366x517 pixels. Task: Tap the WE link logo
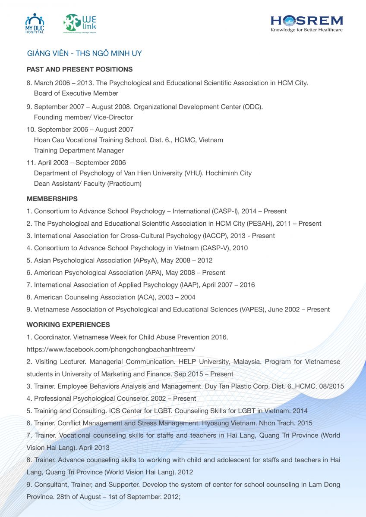point(80,23)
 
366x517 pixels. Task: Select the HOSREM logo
point(306,21)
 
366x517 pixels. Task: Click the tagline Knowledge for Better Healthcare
point(306,30)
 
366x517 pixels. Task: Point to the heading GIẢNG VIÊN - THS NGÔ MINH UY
point(84,53)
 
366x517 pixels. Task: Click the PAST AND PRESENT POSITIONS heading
point(79,69)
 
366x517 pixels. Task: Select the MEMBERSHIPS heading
point(52,199)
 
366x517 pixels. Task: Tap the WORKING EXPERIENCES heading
point(68,325)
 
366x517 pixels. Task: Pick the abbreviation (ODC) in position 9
point(253,107)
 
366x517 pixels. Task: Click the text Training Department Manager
point(79,150)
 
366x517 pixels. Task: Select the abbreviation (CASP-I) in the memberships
point(224,212)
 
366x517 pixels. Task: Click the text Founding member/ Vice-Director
point(83,117)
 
